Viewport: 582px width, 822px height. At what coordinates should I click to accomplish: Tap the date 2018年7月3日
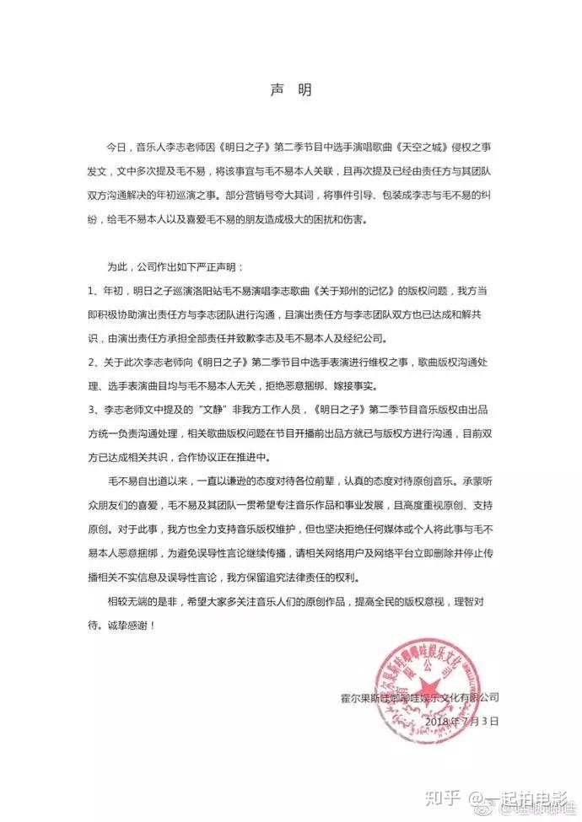(462, 722)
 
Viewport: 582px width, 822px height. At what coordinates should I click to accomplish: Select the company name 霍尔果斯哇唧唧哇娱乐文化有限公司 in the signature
(418, 698)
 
